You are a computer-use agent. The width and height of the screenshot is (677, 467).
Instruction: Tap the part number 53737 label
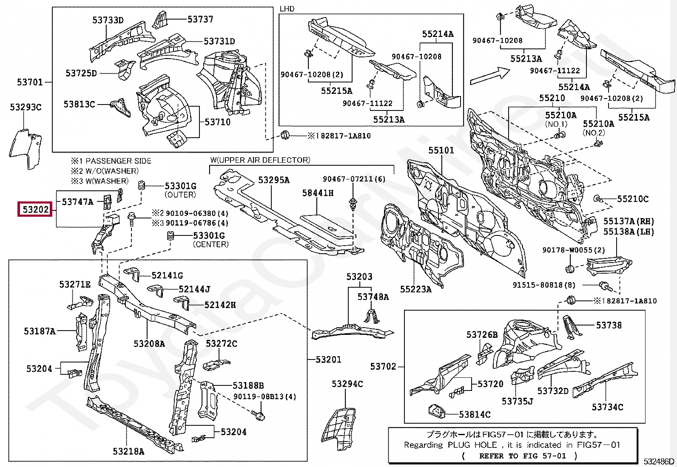pos(200,19)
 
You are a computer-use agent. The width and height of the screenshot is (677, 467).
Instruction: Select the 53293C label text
pos(26,107)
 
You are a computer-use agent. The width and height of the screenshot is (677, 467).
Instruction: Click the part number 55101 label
pos(441,150)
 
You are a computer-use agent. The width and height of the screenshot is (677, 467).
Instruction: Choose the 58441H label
pos(318,193)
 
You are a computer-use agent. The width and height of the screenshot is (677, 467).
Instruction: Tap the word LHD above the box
pos(287,9)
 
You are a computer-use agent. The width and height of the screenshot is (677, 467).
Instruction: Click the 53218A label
pos(129,451)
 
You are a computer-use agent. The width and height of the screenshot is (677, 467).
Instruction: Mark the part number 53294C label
pos(347,384)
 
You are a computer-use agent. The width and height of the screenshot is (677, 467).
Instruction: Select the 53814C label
pos(475,414)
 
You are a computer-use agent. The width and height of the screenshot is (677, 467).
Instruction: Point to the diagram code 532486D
pos(659,461)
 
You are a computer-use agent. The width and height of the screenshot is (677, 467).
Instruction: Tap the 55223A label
pos(416,289)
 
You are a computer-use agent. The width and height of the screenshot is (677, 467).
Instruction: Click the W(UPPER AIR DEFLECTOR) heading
pos(260,160)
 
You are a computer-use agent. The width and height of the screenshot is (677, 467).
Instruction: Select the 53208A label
pos(149,343)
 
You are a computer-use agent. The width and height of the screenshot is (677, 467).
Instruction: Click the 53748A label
pos(373,297)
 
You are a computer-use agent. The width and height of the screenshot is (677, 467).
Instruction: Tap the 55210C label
pos(633,199)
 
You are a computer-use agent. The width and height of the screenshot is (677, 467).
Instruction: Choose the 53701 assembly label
pos(30,82)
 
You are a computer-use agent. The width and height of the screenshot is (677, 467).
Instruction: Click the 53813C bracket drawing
pos(120,107)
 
